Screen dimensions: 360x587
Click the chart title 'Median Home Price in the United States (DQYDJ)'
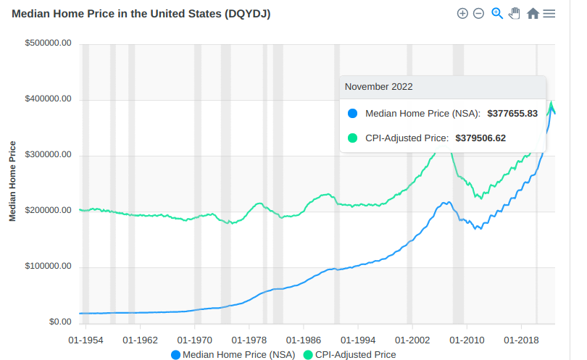(141, 14)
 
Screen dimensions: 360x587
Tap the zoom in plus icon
(462, 14)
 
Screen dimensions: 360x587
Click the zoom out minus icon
(478, 14)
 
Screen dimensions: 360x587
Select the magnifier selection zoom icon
(497, 13)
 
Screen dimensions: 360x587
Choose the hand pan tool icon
(515, 13)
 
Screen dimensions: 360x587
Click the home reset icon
(533, 14)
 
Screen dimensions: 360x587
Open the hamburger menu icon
(549, 14)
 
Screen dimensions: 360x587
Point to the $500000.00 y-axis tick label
(48, 43)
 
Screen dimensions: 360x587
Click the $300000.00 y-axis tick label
(48, 155)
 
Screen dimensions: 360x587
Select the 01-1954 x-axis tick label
(86, 340)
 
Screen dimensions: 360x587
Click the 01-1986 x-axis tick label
(304, 340)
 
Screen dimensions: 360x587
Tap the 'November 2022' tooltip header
(379, 87)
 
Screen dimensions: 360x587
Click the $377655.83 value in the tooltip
(512, 114)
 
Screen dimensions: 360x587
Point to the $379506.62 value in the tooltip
(480, 138)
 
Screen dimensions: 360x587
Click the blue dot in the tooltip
(353, 114)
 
